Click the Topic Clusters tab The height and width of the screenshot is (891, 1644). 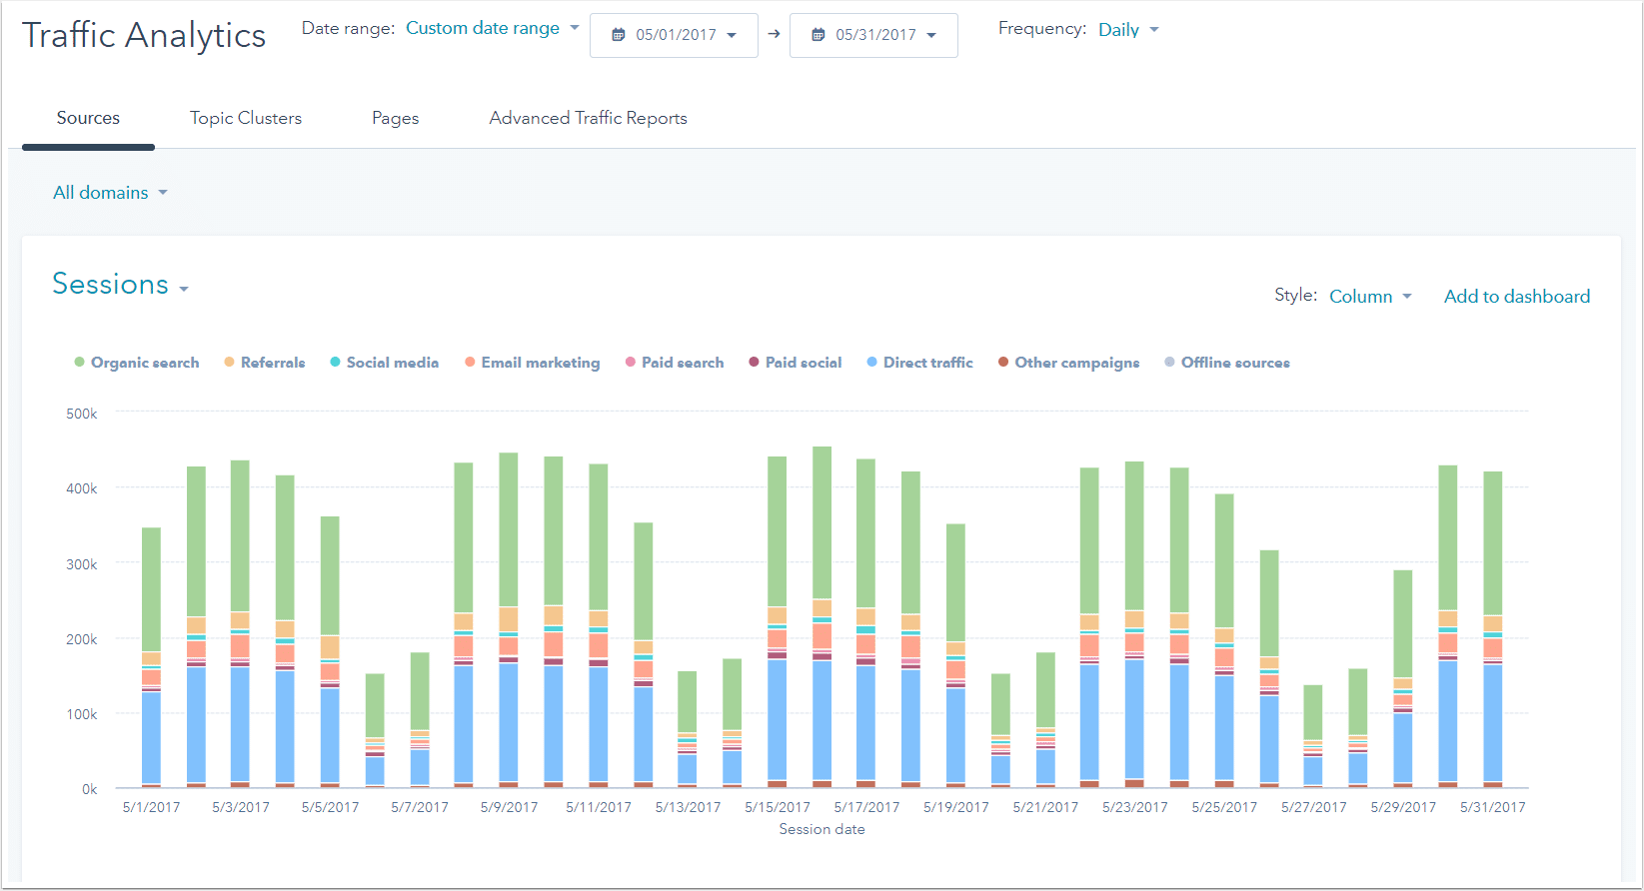coord(246,118)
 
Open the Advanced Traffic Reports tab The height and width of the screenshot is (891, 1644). coord(588,118)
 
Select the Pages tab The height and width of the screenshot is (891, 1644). coord(395,118)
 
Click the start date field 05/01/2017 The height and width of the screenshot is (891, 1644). coord(675,35)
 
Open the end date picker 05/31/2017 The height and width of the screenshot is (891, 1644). coord(874,35)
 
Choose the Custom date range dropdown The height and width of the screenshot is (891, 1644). coord(492,28)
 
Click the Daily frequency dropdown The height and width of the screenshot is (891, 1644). coord(1128,30)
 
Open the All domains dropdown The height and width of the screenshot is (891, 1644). coord(110,193)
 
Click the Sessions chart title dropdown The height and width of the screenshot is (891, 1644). coord(120,285)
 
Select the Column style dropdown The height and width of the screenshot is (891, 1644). coord(1370,297)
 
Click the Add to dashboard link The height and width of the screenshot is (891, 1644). coord(1516,297)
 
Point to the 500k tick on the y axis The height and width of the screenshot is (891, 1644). coord(82,414)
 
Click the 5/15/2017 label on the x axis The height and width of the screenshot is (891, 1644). coord(777,807)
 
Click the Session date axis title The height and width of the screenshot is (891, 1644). coord(822,829)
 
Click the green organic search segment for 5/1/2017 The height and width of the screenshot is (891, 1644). coord(151,589)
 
